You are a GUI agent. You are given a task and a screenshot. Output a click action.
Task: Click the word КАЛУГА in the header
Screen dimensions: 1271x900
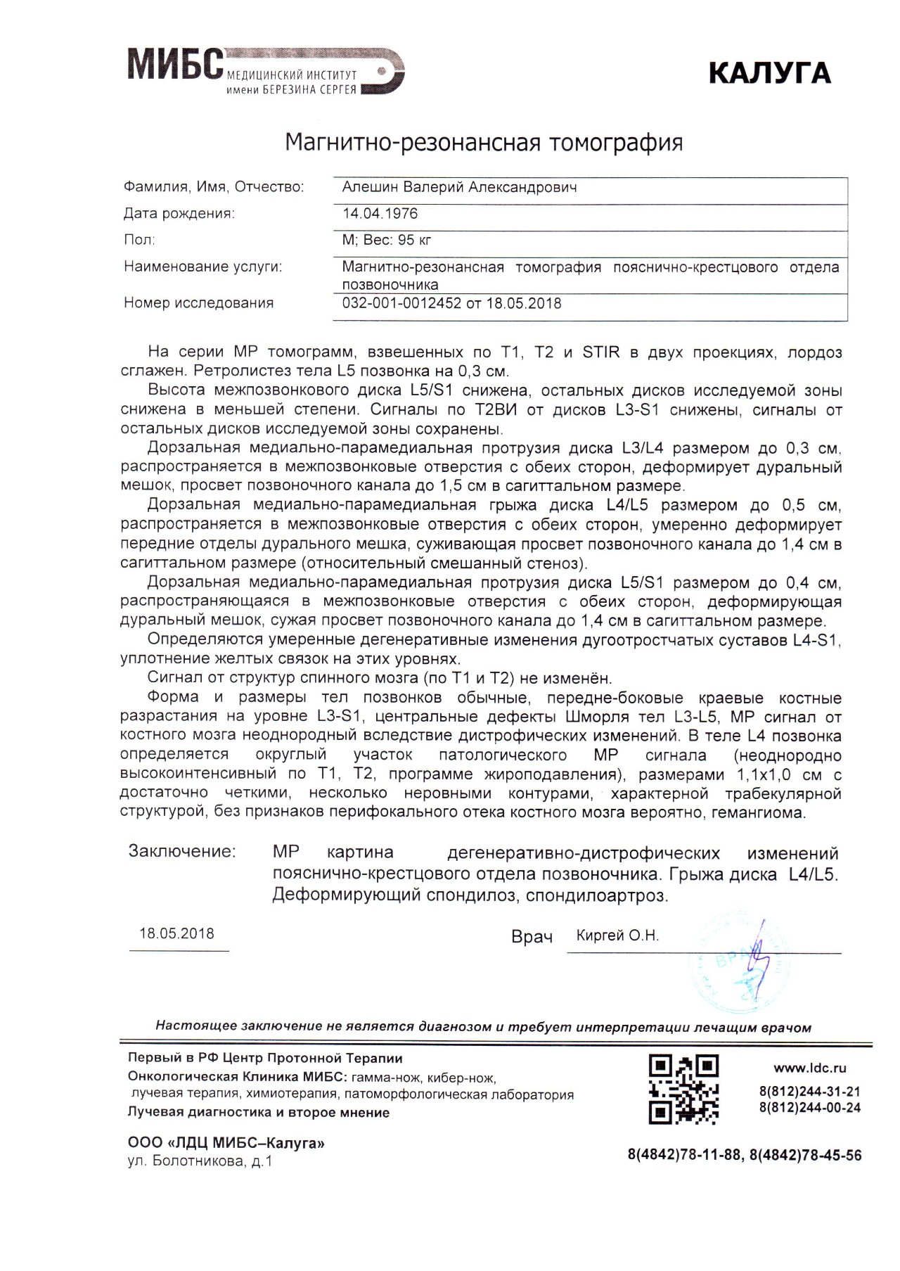(769, 73)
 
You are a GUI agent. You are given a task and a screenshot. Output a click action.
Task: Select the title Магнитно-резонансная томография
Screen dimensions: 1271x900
(484, 142)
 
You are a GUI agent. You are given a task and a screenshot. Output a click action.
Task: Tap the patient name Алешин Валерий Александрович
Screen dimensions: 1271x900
(459, 187)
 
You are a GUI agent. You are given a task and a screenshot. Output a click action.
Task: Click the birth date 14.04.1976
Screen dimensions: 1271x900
(380, 213)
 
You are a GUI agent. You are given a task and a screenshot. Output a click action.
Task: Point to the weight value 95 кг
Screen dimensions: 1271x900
(414, 240)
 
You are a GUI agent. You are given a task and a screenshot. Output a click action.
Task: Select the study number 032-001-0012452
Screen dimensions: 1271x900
(401, 303)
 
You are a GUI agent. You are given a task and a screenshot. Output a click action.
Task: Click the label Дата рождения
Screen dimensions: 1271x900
(179, 213)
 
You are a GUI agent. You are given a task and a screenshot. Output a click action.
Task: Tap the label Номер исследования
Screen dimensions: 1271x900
(198, 303)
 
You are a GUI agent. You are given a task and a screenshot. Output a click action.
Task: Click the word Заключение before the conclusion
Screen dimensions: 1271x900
(182, 851)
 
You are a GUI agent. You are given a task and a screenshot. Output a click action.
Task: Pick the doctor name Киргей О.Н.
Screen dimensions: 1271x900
(617, 935)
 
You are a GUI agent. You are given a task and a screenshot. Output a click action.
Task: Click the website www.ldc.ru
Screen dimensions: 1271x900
(810, 1068)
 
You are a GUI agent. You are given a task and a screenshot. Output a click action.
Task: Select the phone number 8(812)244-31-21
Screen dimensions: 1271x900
(809, 1092)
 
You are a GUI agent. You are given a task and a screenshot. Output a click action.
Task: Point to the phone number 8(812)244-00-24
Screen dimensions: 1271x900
(809, 1108)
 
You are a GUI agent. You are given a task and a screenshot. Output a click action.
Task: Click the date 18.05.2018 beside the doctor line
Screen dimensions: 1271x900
(176, 933)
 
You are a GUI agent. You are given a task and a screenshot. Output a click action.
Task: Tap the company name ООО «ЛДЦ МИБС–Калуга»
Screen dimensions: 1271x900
(226, 1143)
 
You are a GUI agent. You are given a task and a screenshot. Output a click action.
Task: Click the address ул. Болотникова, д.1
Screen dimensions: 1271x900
(200, 1161)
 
